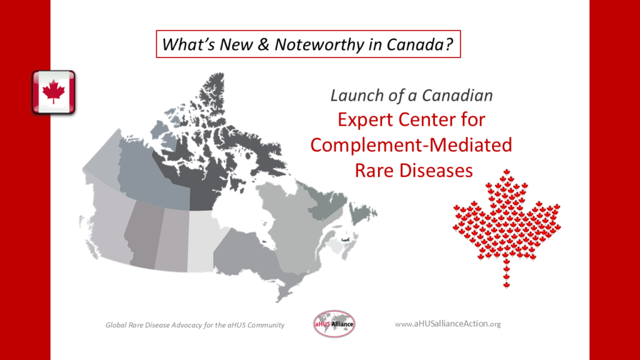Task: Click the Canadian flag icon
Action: tap(54, 92)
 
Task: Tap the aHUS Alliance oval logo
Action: tap(334, 324)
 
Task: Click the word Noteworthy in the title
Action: tap(319, 44)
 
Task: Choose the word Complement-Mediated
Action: tap(411, 145)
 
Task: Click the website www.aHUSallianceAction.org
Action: tap(447, 324)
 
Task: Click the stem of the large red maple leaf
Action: tap(506, 274)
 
